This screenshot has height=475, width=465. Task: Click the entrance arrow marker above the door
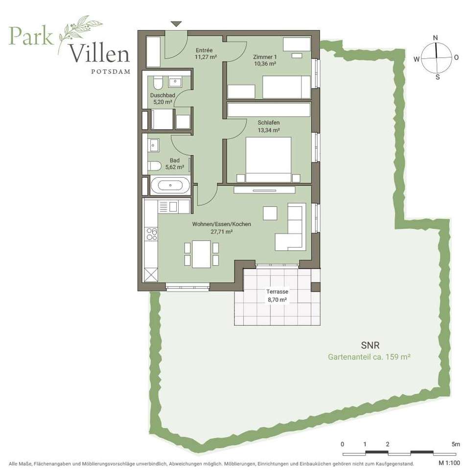176,24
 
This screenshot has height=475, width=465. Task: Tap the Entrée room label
204,50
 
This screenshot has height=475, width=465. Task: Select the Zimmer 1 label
265,57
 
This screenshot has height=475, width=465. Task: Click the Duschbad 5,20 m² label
163,98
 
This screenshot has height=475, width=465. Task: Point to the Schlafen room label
269,123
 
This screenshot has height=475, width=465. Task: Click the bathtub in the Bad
170,185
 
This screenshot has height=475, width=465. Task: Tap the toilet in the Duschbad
158,83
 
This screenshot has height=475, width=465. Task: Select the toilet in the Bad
155,166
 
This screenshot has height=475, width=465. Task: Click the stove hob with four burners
152,234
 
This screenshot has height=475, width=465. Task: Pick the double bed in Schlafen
269,159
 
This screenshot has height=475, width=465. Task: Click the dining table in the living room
201,254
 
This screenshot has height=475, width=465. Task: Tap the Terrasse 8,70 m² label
277,295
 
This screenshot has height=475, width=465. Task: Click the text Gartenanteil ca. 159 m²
369,357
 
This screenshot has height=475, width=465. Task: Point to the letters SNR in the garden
370,345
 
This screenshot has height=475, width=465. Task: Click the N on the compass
436,38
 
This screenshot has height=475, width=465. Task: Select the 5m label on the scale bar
456,444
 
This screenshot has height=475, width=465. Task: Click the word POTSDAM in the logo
111,72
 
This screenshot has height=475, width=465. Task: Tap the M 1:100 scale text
449,463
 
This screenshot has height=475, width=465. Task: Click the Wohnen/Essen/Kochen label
222,224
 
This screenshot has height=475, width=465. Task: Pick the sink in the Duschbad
175,82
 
